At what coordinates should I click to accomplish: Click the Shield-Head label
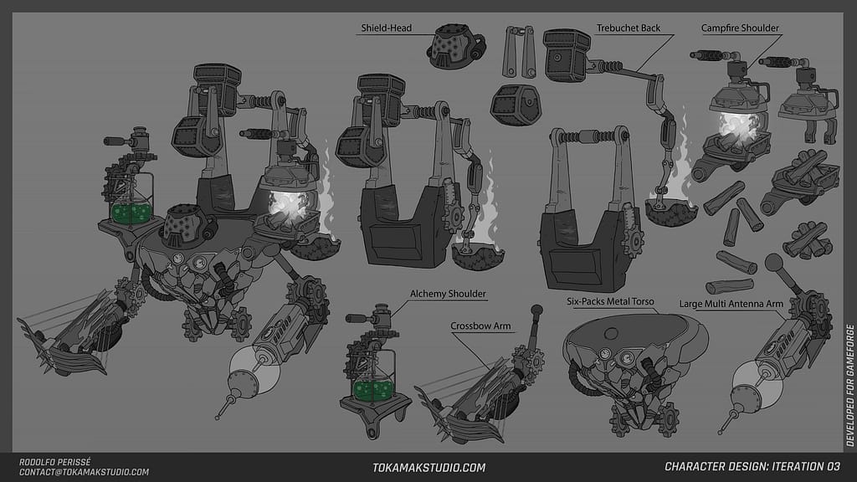click(385, 28)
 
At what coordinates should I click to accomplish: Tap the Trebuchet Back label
click(629, 28)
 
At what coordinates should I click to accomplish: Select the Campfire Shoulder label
click(740, 28)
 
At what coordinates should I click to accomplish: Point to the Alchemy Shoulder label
click(448, 294)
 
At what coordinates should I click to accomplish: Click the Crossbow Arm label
click(480, 325)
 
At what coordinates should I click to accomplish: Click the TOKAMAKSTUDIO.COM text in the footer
click(428, 468)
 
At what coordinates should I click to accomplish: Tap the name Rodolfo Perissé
click(54, 462)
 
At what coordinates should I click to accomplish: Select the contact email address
click(83, 473)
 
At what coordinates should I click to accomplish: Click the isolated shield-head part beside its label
click(456, 45)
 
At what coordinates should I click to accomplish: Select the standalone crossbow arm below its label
click(477, 385)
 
